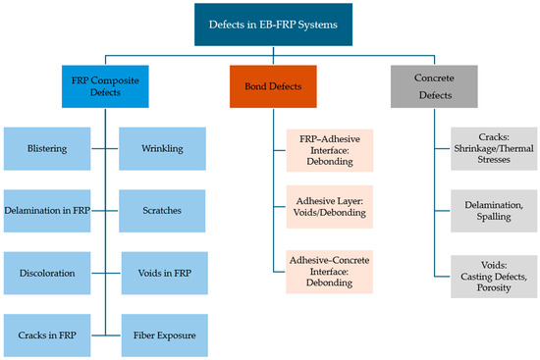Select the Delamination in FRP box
(47, 209)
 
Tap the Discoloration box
(47, 271)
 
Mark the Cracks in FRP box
(47, 334)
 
